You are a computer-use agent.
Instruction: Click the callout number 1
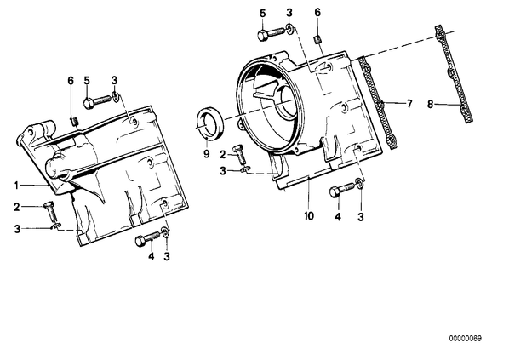16,186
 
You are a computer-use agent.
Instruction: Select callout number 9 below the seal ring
207,153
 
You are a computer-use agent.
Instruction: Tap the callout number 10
309,215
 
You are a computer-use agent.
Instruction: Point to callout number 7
409,104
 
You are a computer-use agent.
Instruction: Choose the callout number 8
430,105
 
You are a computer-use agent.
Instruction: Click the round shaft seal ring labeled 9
210,122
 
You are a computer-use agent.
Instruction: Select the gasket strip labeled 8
454,74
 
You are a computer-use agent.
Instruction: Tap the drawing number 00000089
466,338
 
